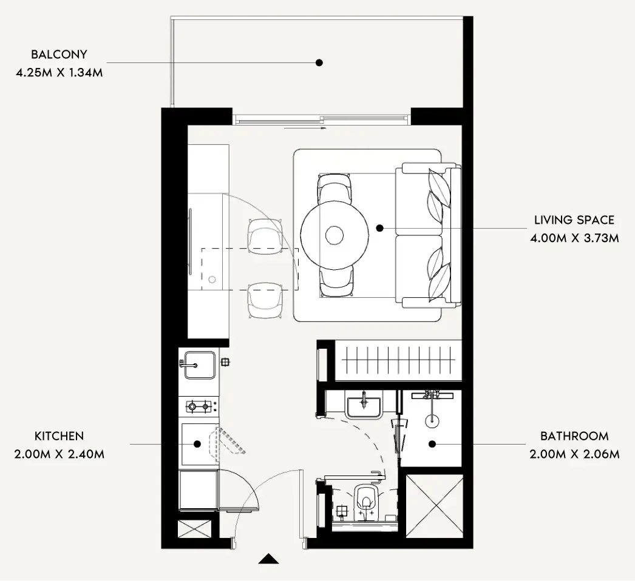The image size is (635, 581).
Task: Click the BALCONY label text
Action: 59,54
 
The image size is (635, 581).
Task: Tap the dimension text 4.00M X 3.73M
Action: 575,238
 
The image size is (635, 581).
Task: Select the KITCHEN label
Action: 59,436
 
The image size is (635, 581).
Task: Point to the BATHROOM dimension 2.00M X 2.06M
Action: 575,454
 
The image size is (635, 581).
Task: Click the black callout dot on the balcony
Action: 319,62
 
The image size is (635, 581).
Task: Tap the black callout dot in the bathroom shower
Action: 432,444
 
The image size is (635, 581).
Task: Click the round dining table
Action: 334,235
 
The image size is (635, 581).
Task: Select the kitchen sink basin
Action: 200,365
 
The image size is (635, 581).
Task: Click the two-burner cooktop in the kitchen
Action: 199,406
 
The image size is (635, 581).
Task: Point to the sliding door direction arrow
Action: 305,128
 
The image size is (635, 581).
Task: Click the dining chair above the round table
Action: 334,189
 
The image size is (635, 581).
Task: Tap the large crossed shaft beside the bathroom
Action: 434,506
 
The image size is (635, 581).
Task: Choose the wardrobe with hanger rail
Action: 398,360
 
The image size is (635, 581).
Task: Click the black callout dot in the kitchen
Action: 197,445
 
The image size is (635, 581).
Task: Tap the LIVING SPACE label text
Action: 574,220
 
